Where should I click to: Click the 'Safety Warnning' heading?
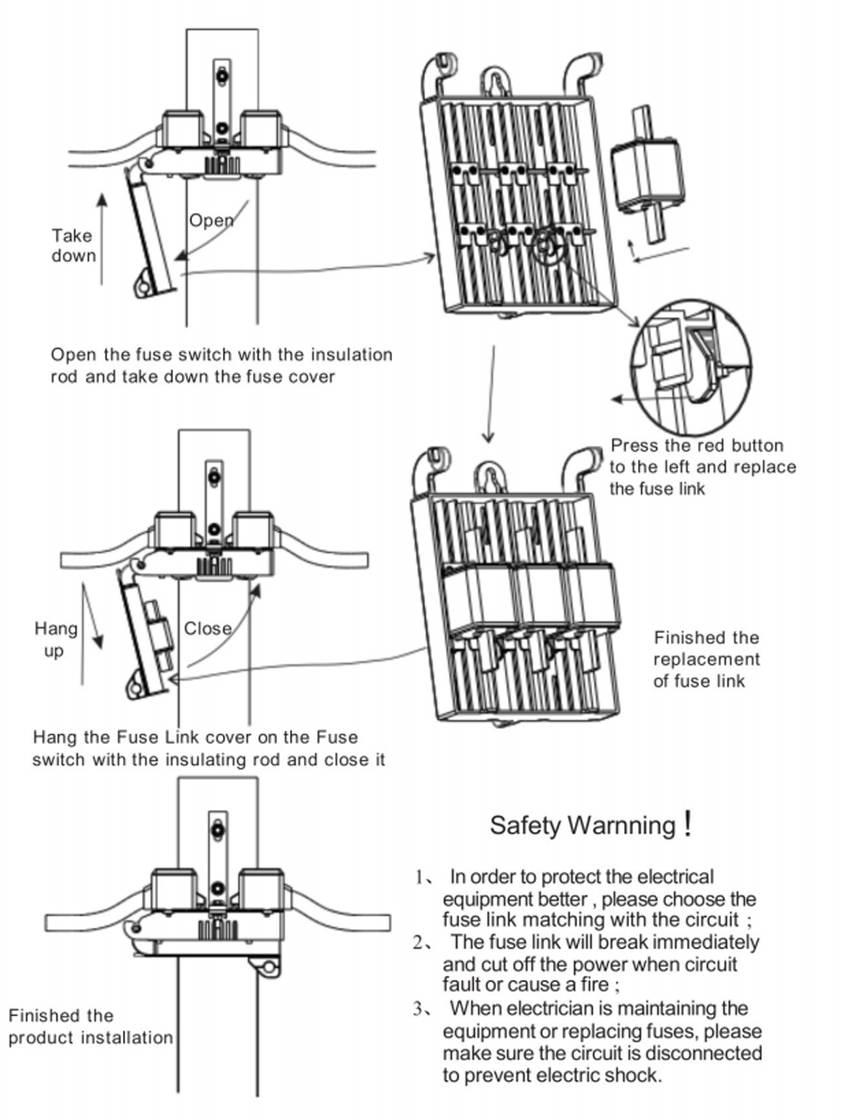[582, 825]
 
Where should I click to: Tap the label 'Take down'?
[73, 245]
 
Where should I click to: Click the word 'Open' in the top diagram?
[211, 221]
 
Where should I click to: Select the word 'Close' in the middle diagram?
[208, 629]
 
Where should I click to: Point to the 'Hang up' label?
[56, 639]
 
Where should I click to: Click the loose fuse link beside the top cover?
[647, 175]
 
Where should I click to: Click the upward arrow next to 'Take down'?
[102, 238]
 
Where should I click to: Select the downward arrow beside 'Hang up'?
[93, 619]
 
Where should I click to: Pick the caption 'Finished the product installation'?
[90, 1026]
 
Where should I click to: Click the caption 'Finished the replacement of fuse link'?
[706, 659]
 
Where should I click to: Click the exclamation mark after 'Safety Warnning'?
[688, 823]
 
